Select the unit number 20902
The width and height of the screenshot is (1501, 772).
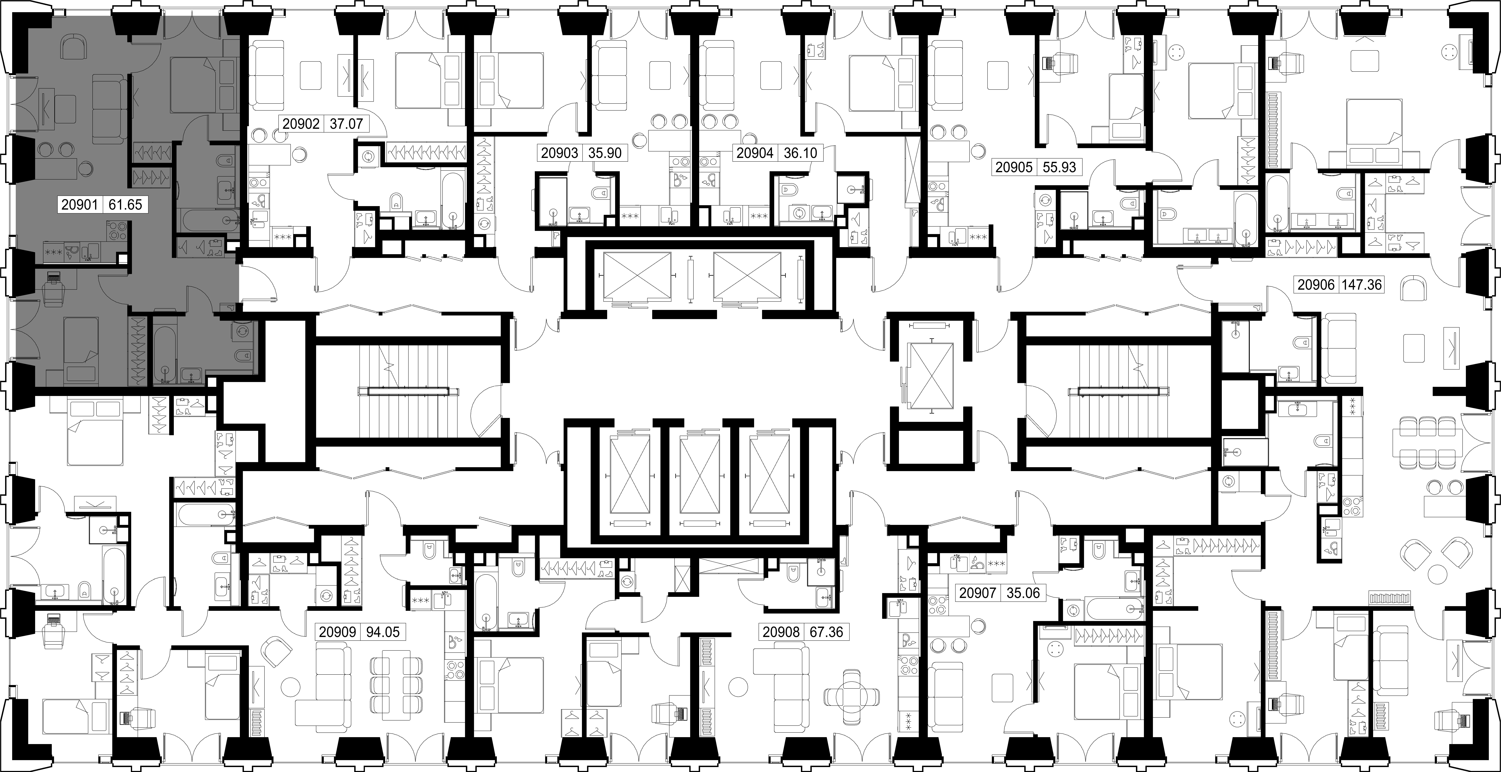(x=301, y=124)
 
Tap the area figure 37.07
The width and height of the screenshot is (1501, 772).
(x=346, y=124)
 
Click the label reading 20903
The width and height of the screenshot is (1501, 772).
(x=559, y=153)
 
